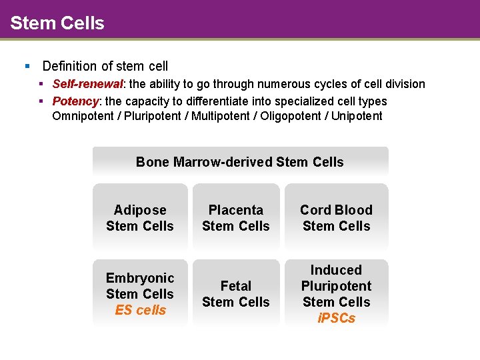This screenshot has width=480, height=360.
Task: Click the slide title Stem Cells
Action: tap(57, 23)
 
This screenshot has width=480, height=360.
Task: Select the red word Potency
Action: tap(75, 101)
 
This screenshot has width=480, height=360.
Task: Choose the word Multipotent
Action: tap(223, 116)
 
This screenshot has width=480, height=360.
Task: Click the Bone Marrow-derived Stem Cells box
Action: tap(240, 162)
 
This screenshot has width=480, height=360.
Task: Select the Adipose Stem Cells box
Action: tap(140, 218)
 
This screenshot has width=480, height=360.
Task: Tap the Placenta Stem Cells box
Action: tap(236, 218)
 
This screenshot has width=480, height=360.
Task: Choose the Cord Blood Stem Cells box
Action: tap(336, 218)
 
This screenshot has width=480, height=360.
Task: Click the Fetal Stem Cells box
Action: tap(236, 294)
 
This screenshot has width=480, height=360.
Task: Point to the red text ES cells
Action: tap(140, 310)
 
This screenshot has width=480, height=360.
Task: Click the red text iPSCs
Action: tap(336, 318)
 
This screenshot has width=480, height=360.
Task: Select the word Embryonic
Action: tap(140, 278)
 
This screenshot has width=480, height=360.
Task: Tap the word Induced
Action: tap(336, 270)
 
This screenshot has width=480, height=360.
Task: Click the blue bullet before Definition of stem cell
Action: tap(27, 66)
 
